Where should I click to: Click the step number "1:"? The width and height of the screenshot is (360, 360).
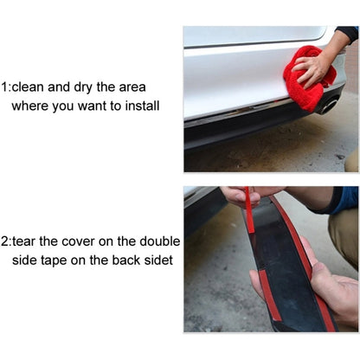point(8,87)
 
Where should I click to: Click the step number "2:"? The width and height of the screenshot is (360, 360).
point(8,241)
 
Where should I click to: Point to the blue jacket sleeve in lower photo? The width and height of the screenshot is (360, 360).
point(345,200)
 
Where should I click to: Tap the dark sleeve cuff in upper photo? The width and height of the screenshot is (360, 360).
point(348,35)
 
